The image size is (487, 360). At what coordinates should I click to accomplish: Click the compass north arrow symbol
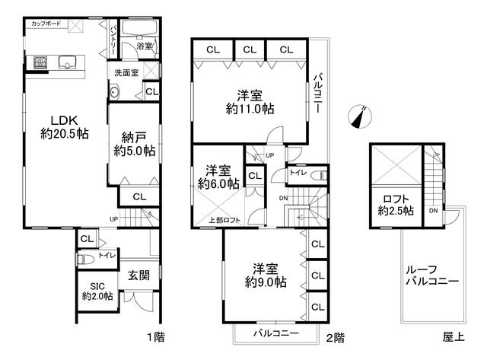[360, 116]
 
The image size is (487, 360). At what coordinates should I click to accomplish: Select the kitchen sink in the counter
[68, 62]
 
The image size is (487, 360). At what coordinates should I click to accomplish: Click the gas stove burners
[40, 62]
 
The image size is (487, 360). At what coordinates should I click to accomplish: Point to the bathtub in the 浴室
[139, 28]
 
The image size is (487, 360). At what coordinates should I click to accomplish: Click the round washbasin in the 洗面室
[114, 92]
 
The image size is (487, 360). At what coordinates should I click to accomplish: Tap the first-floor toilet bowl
[85, 259]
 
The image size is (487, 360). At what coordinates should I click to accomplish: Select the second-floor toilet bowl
[319, 176]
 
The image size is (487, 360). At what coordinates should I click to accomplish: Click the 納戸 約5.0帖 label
[135, 144]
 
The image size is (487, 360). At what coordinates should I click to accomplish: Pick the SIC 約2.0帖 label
[97, 291]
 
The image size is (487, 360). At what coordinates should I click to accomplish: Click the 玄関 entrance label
[138, 276]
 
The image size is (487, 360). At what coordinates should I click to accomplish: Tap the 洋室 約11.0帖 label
[250, 102]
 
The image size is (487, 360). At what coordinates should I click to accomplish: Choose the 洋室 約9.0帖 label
[266, 276]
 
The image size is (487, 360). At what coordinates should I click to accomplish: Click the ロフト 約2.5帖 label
[396, 205]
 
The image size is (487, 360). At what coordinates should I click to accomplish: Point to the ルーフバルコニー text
[432, 276]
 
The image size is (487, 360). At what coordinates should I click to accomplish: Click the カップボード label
[46, 24]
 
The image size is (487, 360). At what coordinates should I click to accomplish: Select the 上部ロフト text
[224, 220]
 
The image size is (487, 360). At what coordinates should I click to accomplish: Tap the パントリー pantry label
[113, 40]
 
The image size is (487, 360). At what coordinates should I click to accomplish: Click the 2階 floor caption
[335, 338]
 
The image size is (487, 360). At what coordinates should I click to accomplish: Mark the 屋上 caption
[454, 337]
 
